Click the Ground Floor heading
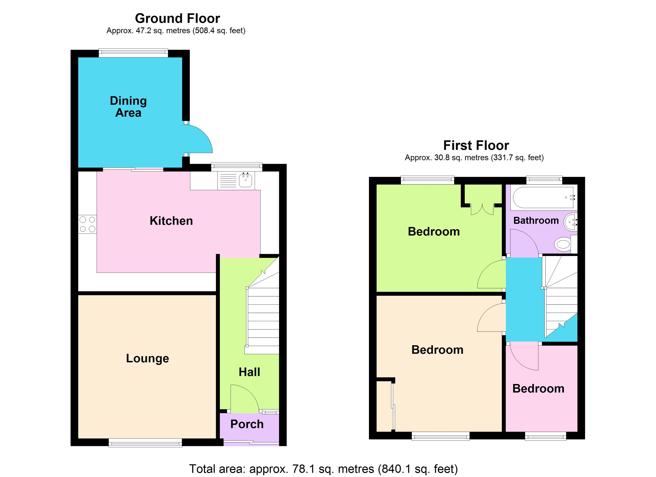pyautogui.click(x=177, y=18)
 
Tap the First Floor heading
pyautogui.click(x=476, y=145)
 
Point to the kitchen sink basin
pyautogui.click(x=245, y=180)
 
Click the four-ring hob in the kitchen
pyautogui.click(x=87, y=224)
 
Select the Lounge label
pyautogui.click(x=147, y=358)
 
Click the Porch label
pyautogui.click(x=247, y=424)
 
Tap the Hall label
pyautogui.click(x=249, y=372)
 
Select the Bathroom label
pyautogui.click(x=536, y=221)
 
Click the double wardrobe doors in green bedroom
pyautogui.click(x=482, y=209)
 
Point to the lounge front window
pyautogui.click(x=145, y=443)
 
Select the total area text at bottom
pyautogui.click(x=323, y=469)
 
